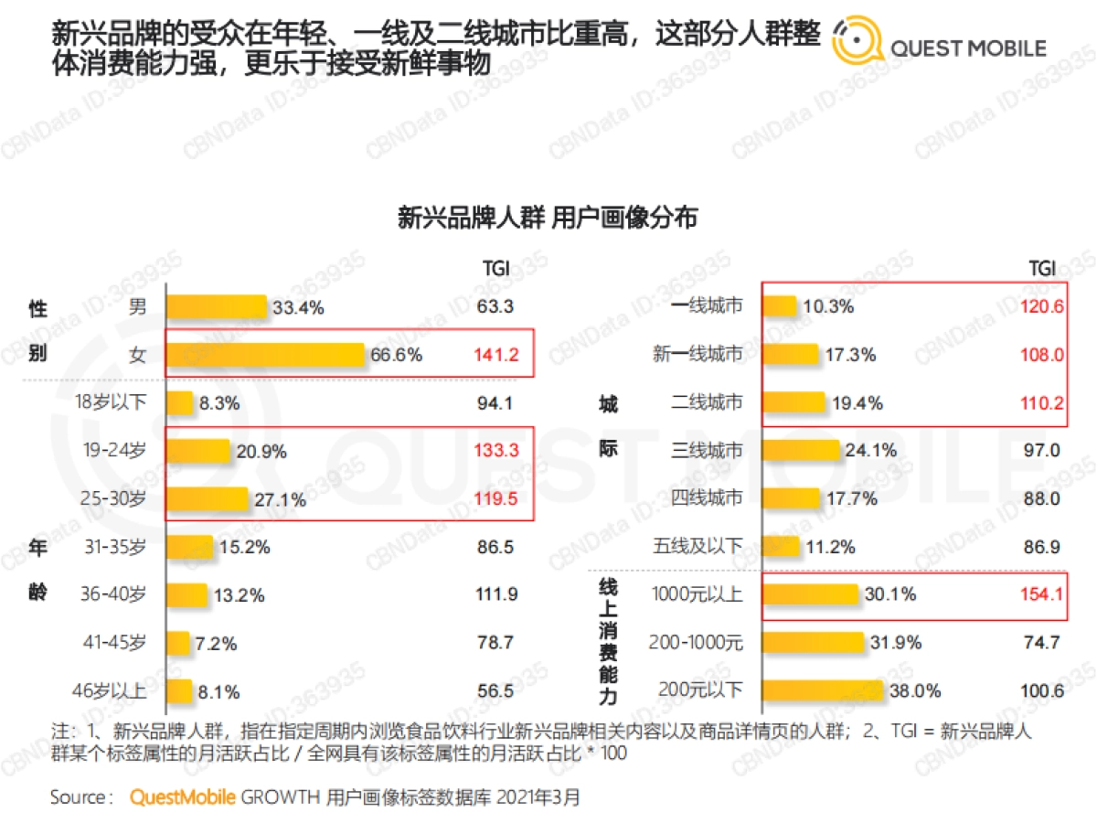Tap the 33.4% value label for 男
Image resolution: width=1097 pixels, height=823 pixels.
(298, 308)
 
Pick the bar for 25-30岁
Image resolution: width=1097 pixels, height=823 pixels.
(207, 499)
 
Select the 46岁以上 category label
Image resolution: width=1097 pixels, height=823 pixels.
(112, 690)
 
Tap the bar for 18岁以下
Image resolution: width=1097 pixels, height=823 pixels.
(180, 403)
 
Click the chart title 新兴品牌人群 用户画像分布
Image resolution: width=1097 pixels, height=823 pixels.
(548, 218)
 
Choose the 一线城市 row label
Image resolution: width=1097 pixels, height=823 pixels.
(706, 307)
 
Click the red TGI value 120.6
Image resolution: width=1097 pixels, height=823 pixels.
(1042, 307)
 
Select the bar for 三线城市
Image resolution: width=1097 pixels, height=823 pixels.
(801, 451)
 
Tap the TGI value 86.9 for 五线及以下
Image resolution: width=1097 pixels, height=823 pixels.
(1043, 547)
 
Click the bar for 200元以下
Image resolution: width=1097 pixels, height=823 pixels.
(823, 690)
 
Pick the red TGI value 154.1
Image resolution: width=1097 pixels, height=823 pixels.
(1042, 594)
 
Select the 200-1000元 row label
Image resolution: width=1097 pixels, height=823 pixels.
(698, 643)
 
